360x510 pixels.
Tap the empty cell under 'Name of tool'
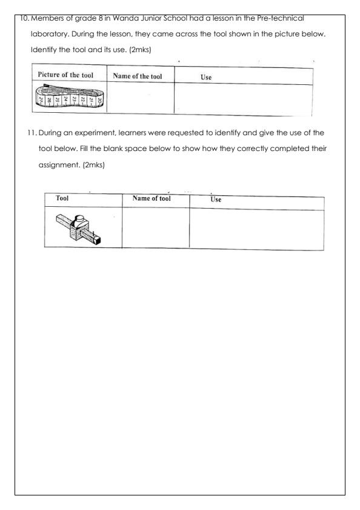click(x=155, y=229)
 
